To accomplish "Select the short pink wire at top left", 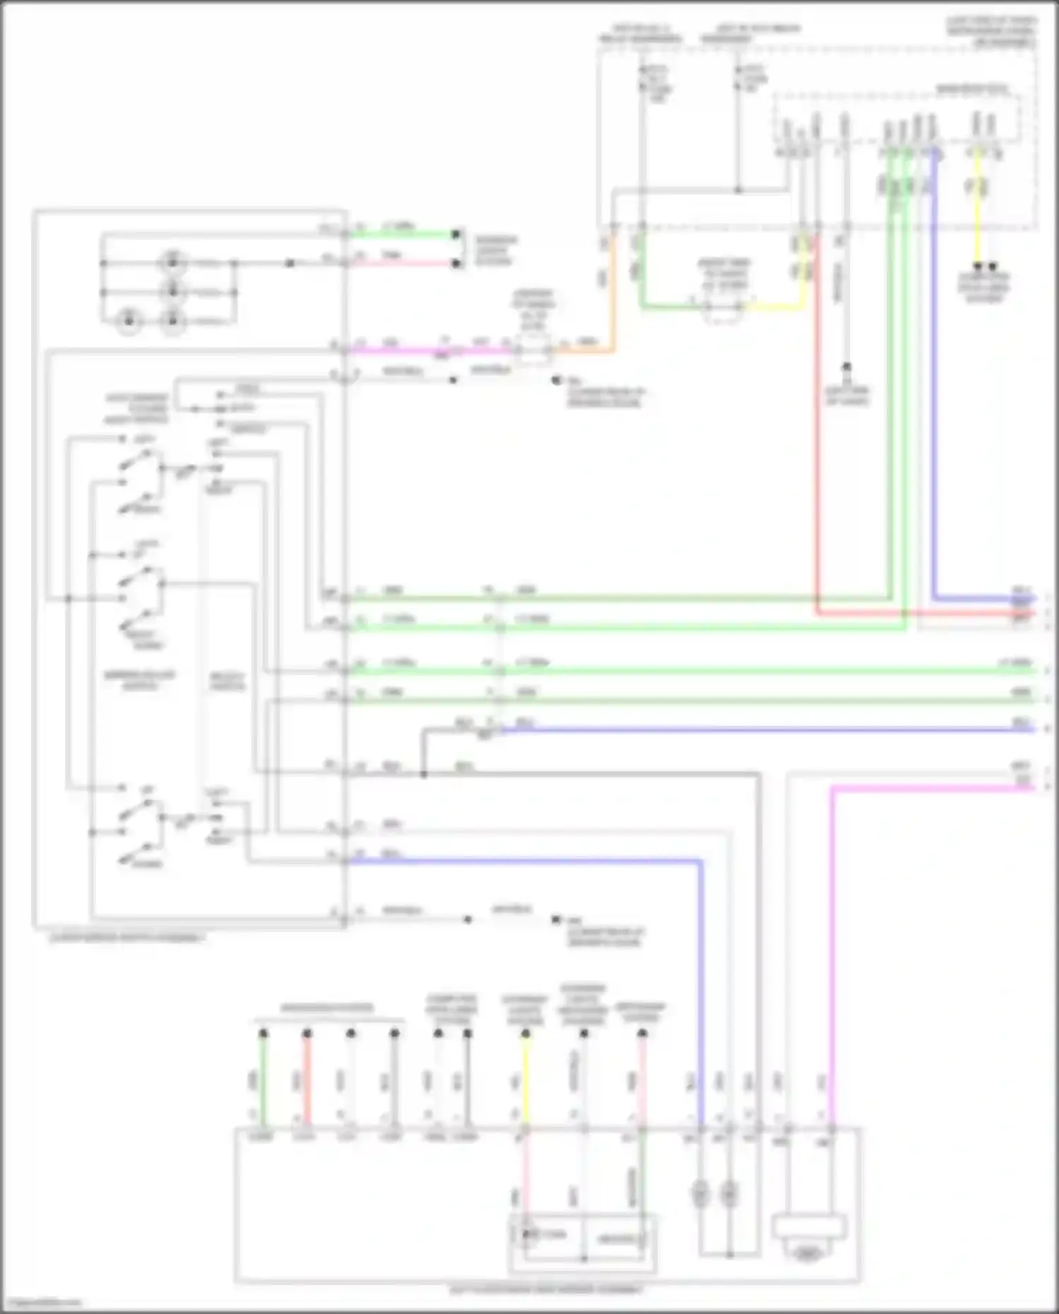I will pyautogui.click(x=406, y=263).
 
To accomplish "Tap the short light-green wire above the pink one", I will pyautogui.click(x=406, y=234).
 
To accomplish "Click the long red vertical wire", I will pyautogui.click(x=818, y=424).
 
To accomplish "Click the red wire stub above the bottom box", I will pyautogui.click(x=306, y=1080).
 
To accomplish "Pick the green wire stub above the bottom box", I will pyautogui.click(x=263, y=1080).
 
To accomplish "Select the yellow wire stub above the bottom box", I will pyautogui.click(x=525, y=1080).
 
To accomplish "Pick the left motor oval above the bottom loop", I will pyautogui.click(x=700, y=1194).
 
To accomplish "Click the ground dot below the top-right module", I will pyautogui.click(x=846, y=367).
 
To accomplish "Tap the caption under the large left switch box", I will pyautogui.click(x=127, y=938).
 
